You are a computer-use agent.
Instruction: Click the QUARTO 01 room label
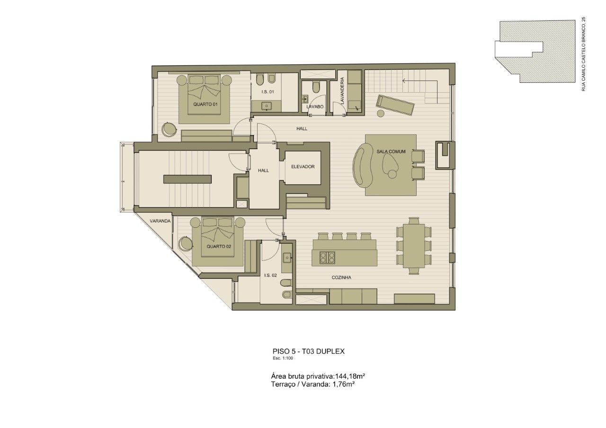[205, 104]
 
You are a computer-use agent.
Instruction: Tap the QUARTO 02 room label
[219, 247]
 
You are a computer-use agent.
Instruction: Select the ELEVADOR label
[303, 167]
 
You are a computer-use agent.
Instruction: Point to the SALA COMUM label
[391, 152]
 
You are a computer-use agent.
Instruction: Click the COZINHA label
[341, 277]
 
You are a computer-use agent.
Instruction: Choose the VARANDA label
[160, 221]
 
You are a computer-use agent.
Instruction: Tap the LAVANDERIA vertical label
[342, 91]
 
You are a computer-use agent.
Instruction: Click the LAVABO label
[315, 107]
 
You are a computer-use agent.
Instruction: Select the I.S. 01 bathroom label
[267, 92]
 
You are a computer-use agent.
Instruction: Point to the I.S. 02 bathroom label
[270, 276]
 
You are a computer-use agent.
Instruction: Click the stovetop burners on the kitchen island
[327, 258]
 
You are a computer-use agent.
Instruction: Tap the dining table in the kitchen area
[414, 245]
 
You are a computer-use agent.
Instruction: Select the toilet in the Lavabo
[316, 87]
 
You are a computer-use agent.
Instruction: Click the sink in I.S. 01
[267, 106]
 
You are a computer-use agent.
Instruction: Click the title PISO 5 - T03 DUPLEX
[308, 351]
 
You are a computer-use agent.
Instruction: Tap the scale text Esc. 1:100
[283, 358]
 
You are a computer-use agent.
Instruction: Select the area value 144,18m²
[350, 376]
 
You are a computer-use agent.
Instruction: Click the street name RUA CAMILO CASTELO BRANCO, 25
[583, 54]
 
